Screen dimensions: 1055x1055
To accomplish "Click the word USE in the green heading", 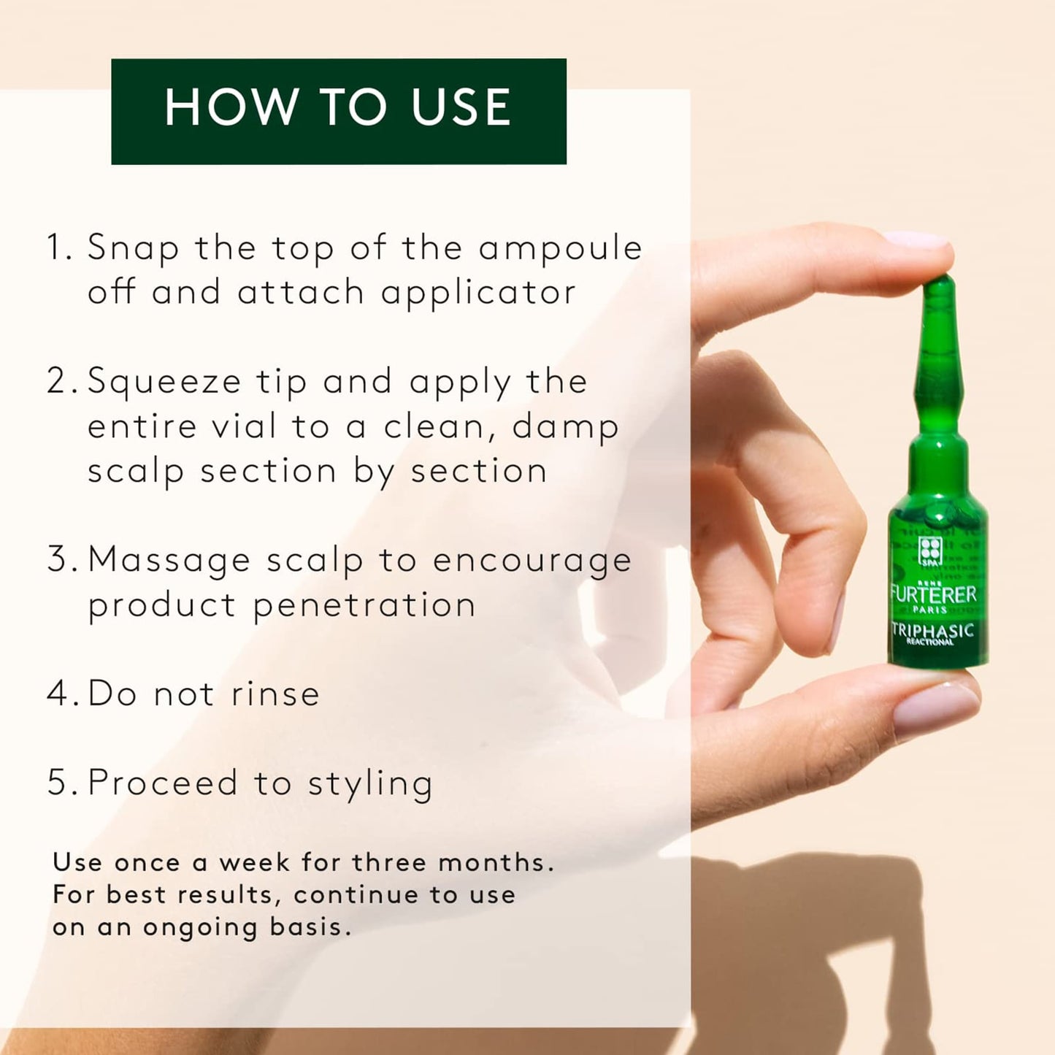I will tap(460, 108).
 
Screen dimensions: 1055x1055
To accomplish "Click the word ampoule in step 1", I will tap(560, 249).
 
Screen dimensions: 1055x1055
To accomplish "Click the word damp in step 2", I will tap(565, 428).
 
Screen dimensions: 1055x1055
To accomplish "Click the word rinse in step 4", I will tap(275, 694).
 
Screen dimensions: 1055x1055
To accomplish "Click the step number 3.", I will tap(58, 560).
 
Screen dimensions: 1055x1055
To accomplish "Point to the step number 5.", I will tap(58, 783).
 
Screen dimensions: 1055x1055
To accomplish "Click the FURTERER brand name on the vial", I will tap(934, 594).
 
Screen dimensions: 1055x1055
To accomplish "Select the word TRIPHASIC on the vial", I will tap(933, 629).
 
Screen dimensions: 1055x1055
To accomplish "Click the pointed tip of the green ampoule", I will tap(940, 280).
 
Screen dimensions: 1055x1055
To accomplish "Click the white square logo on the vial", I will tap(930, 550).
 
